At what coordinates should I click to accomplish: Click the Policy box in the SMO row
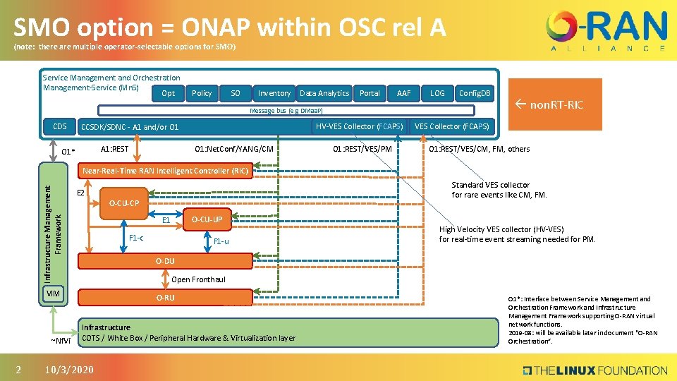[202, 93]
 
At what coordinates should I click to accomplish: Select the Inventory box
[274, 93]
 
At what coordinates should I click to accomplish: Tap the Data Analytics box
[324, 93]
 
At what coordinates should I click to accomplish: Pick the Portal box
[370, 93]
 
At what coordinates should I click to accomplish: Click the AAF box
[403, 93]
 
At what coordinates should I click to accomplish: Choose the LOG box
[437, 93]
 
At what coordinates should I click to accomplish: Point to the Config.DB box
[475, 93]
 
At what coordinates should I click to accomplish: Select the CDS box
[59, 127]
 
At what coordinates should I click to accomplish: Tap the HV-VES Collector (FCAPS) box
[359, 126]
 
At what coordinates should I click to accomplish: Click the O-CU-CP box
[123, 203]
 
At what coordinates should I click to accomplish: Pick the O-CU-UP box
[207, 219]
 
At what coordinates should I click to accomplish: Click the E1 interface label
[166, 221]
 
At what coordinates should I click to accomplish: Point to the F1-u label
[221, 241]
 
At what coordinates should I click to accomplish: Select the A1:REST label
[114, 149]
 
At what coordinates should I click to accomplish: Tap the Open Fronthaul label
[199, 279]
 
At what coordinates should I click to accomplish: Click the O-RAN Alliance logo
[606, 32]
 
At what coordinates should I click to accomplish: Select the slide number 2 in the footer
[19, 370]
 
